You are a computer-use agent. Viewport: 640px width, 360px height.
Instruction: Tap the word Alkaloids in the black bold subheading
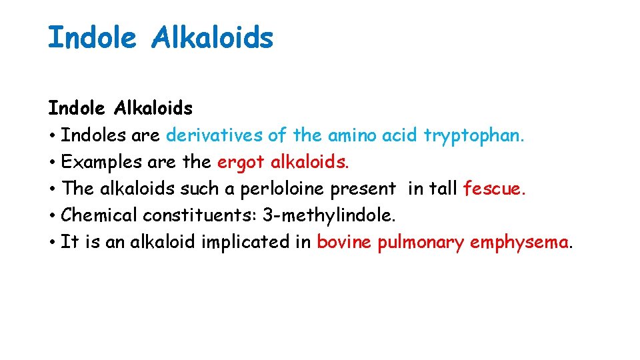click(x=153, y=108)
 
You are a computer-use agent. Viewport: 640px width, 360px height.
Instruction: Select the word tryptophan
click(x=474, y=135)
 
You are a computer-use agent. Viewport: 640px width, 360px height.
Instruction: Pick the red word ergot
click(x=241, y=162)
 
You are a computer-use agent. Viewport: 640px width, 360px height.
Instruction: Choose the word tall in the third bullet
click(x=442, y=189)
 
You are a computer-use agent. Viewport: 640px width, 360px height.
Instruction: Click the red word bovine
click(x=345, y=242)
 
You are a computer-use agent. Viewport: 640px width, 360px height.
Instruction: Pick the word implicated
click(x=248, y=242)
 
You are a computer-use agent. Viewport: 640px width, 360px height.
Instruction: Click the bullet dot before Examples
click(x=51, y=163)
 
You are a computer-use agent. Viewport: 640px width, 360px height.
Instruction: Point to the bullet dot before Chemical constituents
click(x=51, y=216)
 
